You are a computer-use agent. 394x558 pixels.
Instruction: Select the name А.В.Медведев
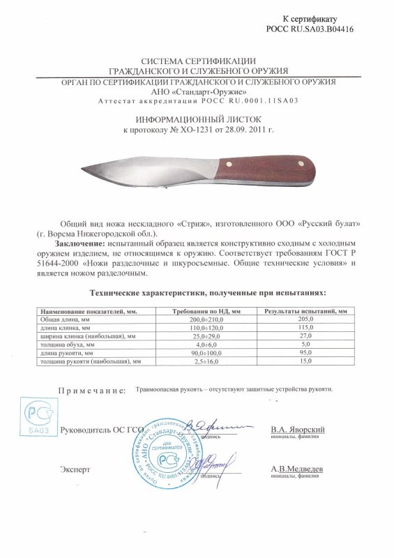point(296,470)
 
